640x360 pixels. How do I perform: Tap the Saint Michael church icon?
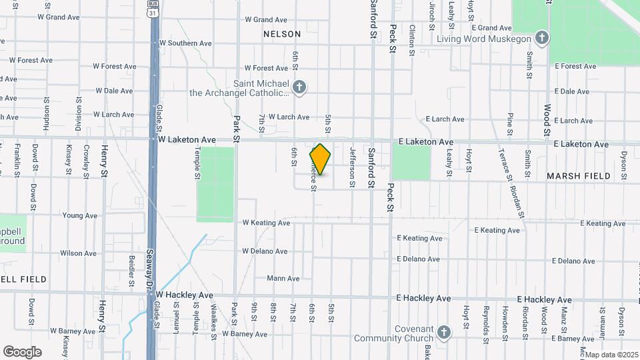[299, 87]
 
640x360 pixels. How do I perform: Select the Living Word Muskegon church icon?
[541, 38]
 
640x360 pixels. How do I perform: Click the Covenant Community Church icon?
[445, 332]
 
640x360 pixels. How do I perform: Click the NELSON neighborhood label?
[282, 33]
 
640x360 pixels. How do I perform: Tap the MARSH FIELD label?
[578, 176]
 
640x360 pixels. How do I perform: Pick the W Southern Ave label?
[185, 43]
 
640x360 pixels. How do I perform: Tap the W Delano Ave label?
[265, 251]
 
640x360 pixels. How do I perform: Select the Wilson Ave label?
[78, 253]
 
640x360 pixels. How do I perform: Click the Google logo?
[22, 351]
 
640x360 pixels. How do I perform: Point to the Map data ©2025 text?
[611, 355]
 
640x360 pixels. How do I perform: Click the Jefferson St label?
[352, 167]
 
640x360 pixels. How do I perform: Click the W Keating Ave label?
[266, 223]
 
